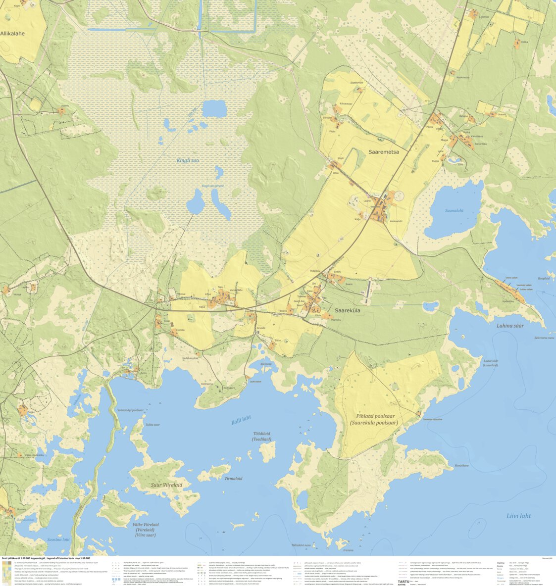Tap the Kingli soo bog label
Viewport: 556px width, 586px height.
pyautogui.click(x=188, y=160)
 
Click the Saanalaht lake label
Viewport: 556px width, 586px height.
pyautogui.click(x=454, y=210)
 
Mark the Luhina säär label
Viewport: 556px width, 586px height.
pyautogui.click(x=510, y=326)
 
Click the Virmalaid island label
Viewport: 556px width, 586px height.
pyautogui.click(x=233, y=479)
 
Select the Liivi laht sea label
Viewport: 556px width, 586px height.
pyautogui.click(x=518, y=516)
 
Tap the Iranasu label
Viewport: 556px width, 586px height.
pyautogui.click(x=348, y=550)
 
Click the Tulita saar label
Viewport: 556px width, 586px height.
pyautogui.click(x=152, y=425)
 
